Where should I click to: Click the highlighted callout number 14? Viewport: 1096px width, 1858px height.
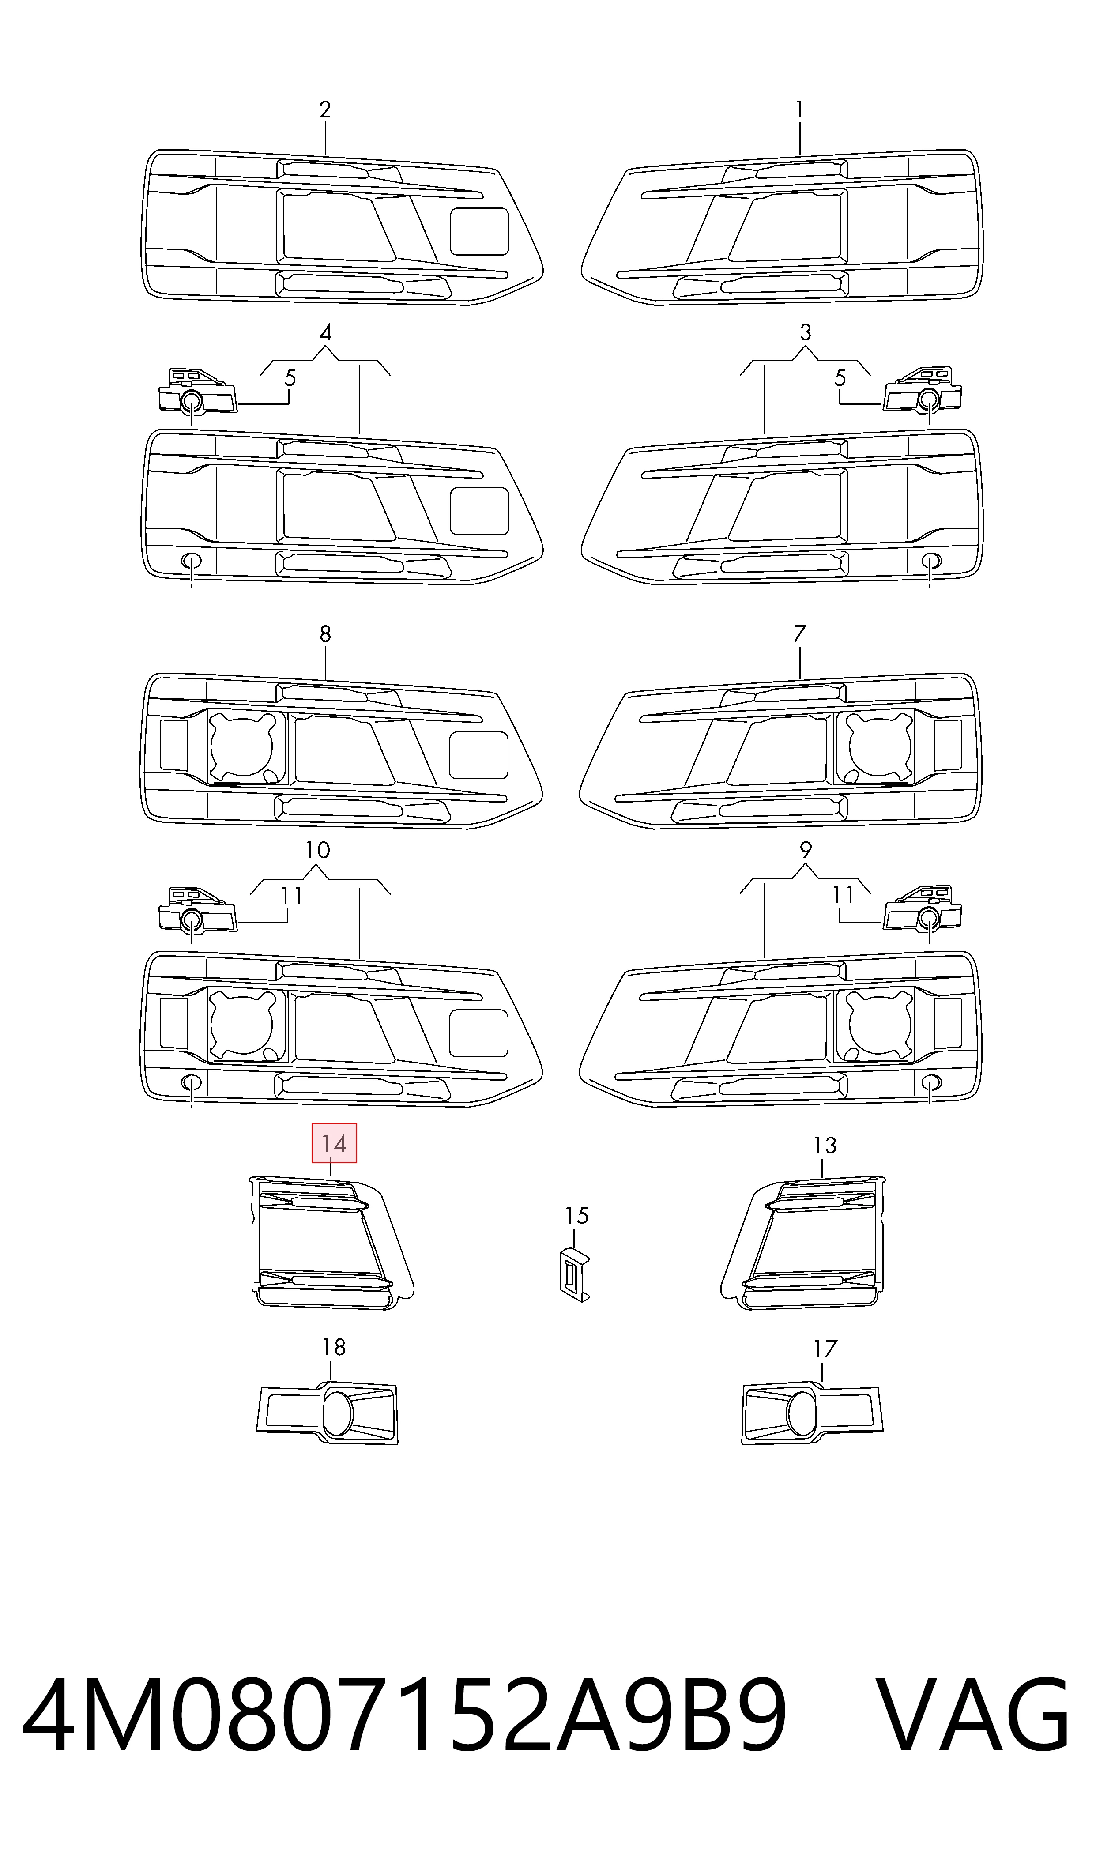[x=334, y=1144]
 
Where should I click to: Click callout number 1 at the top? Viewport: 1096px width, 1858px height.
[x=799, y=110]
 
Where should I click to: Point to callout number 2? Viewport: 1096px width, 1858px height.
[x=325, y=110]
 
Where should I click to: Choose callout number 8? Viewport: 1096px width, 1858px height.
[x=325, y=633]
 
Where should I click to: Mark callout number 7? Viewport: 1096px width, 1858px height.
[x=799, y=633]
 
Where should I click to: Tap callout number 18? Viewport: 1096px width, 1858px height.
[x=334, y=1348]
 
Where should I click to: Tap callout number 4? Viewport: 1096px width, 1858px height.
[x=325, y=333]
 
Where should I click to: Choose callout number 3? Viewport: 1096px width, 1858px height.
[x=805, y=333]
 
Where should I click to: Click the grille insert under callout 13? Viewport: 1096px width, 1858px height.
[x=803, y=1242]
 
